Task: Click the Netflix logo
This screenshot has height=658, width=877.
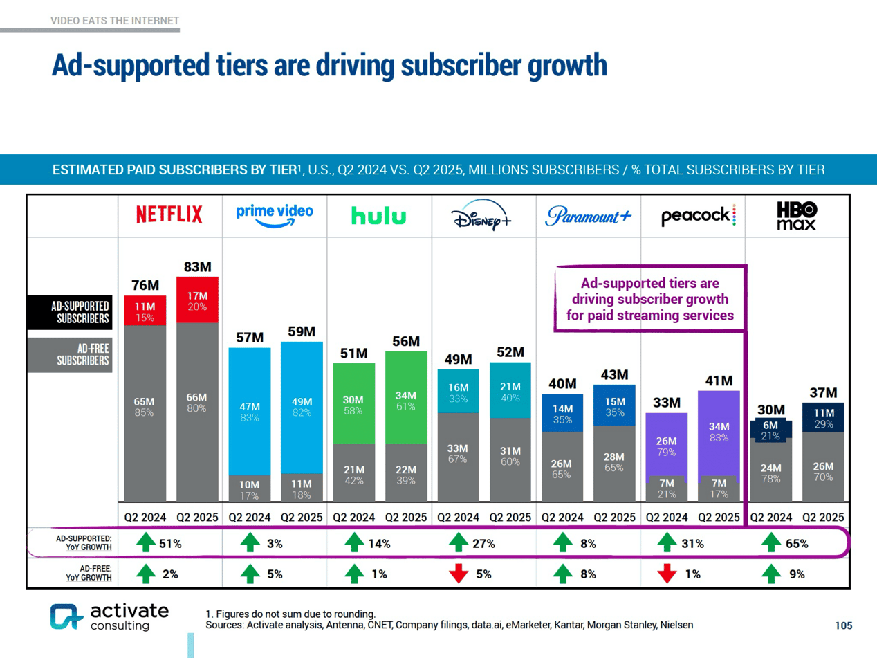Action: (x=169, y=215)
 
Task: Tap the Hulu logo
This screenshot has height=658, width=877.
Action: (x=378, y=217)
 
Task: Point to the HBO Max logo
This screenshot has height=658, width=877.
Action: (x=796, y=215)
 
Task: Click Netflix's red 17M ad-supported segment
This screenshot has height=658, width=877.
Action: (x=198, y=300)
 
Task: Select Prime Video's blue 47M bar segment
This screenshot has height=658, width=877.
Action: (x=250, y=411)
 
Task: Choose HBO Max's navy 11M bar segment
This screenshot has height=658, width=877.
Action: (x=822, y=417)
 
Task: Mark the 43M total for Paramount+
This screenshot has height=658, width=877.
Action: (x=614, y=375)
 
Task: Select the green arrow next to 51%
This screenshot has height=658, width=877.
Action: (x=145, y=544)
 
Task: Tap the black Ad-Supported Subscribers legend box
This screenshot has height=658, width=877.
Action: (x=70, y=312)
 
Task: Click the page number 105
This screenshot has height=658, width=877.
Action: (x=844, y=625)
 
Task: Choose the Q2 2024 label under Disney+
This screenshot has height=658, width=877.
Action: (x=458, y=516)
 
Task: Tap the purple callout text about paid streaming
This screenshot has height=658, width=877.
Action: (x=649, y=300)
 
